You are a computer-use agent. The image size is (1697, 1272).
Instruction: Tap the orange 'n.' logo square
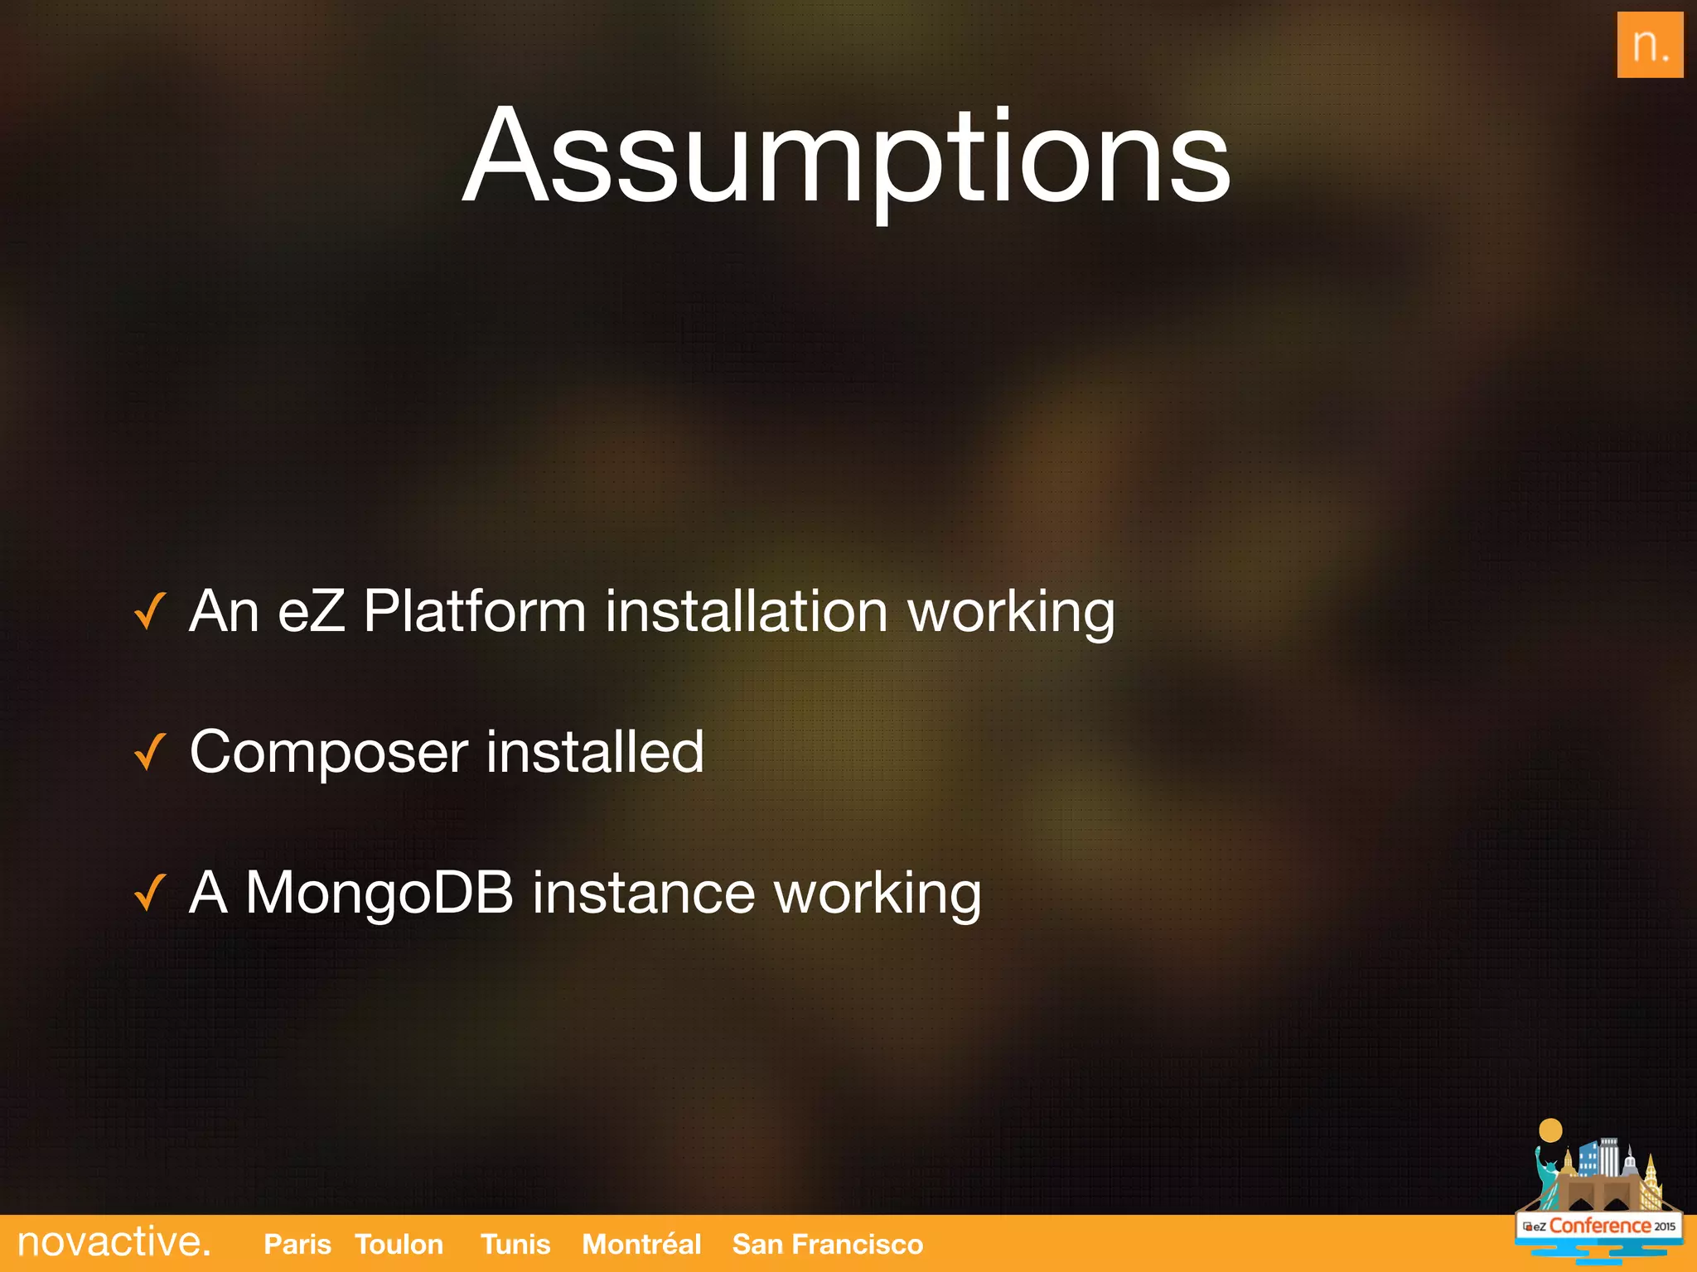click(1650, 46)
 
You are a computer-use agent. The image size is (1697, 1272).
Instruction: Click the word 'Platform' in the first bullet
click(475, 611)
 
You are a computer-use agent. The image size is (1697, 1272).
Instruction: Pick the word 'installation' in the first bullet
click(747, 611)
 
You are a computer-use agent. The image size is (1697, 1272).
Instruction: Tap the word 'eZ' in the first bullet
click(312, 611)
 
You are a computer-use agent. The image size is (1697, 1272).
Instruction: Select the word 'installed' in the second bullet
click(595, 752)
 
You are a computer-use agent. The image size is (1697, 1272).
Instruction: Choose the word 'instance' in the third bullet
click(643, 893)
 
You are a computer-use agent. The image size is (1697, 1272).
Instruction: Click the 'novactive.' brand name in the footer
click(114, 1242)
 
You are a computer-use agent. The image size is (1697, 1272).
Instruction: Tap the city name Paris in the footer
click(297, 1244)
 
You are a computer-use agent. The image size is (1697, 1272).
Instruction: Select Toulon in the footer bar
click(399, 1244)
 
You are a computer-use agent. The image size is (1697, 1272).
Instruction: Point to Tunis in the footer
click(515, 1244)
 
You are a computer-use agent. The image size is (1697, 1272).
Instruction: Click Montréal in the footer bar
click(641, 1244)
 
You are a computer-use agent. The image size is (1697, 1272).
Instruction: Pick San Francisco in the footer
click(828, 1244)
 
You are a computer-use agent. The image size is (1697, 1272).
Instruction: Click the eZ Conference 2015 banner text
click(1599, 1226)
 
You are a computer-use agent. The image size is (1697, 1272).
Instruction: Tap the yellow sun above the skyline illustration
click(1550, 1130)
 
